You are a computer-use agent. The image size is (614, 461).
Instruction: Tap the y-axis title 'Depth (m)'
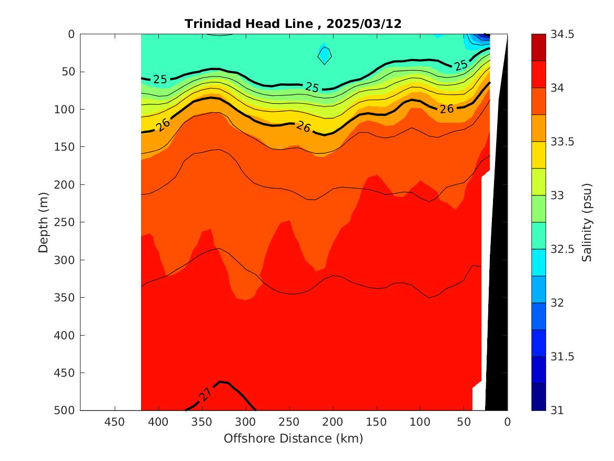click(43, 222)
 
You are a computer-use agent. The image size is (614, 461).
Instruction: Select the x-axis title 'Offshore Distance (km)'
click(293, 438)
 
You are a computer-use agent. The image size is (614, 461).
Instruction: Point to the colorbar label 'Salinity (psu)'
click(587, 222)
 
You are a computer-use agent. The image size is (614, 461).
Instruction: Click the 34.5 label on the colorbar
click(563, 34)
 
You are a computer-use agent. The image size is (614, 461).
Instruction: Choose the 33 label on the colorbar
click(558, 195)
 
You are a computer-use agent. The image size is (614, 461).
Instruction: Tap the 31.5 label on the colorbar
click(563, 357)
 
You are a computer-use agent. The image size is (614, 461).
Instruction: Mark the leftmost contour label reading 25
click(160, 80)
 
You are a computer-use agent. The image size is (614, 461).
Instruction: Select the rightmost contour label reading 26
click(447, 109)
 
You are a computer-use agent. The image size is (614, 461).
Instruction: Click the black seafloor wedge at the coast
click(497, 263)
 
